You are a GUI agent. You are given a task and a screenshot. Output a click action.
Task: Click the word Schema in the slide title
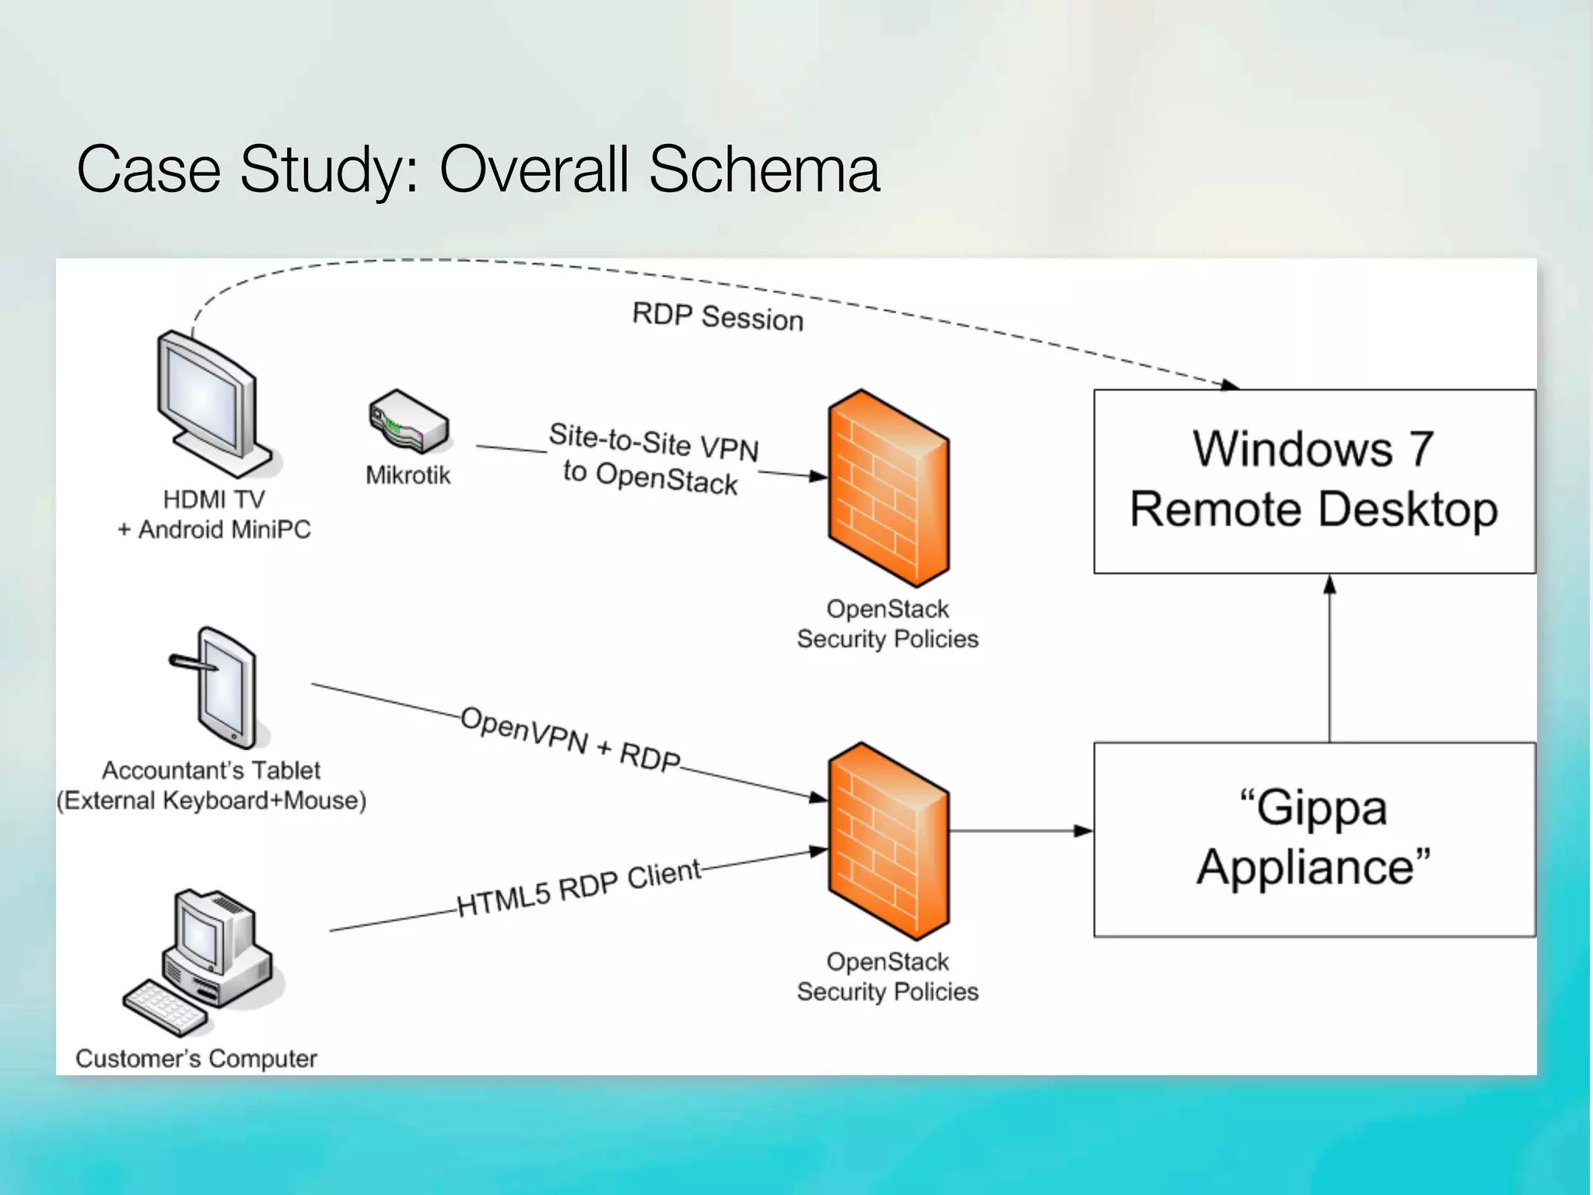pyautogui.click(x=763, y=169)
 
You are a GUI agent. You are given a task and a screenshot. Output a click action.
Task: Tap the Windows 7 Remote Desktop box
pyautogui.click(x=1314, y=481)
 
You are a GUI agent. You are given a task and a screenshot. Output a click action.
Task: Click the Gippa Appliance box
pyautogui.click(x=1314, y=839)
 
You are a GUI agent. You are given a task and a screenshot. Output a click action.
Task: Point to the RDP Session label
pyautogui.click(x=717, y=317)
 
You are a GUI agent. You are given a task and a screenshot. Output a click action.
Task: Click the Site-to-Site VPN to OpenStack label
pyautogui.click(x=653, y=459)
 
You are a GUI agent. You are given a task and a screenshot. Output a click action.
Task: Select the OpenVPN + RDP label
pyautogui.click(x=570, y=739)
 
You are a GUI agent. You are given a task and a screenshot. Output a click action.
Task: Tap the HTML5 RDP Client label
pyautogui.click(x=579, y=888)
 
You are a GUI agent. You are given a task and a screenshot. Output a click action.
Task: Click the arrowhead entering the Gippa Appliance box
pyautogui.click(x=1084, y=831)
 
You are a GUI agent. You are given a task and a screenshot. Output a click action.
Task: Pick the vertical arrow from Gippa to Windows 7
pyautogui.click(x=1329, y=661)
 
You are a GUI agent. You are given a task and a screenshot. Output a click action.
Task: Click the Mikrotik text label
pyautogui.click(x=408, y=475)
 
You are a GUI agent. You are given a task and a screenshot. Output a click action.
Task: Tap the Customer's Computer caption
pyautogui.click(x=196, y=1059)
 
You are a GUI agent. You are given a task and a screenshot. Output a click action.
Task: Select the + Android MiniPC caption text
pyautogui.click(x=214, y=530)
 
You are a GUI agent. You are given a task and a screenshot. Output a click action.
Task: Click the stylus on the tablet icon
pyautogui.click(x=191, y=663)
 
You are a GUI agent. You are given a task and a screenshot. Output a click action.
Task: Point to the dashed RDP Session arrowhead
pyautogui.click(x=1231, y=384)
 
